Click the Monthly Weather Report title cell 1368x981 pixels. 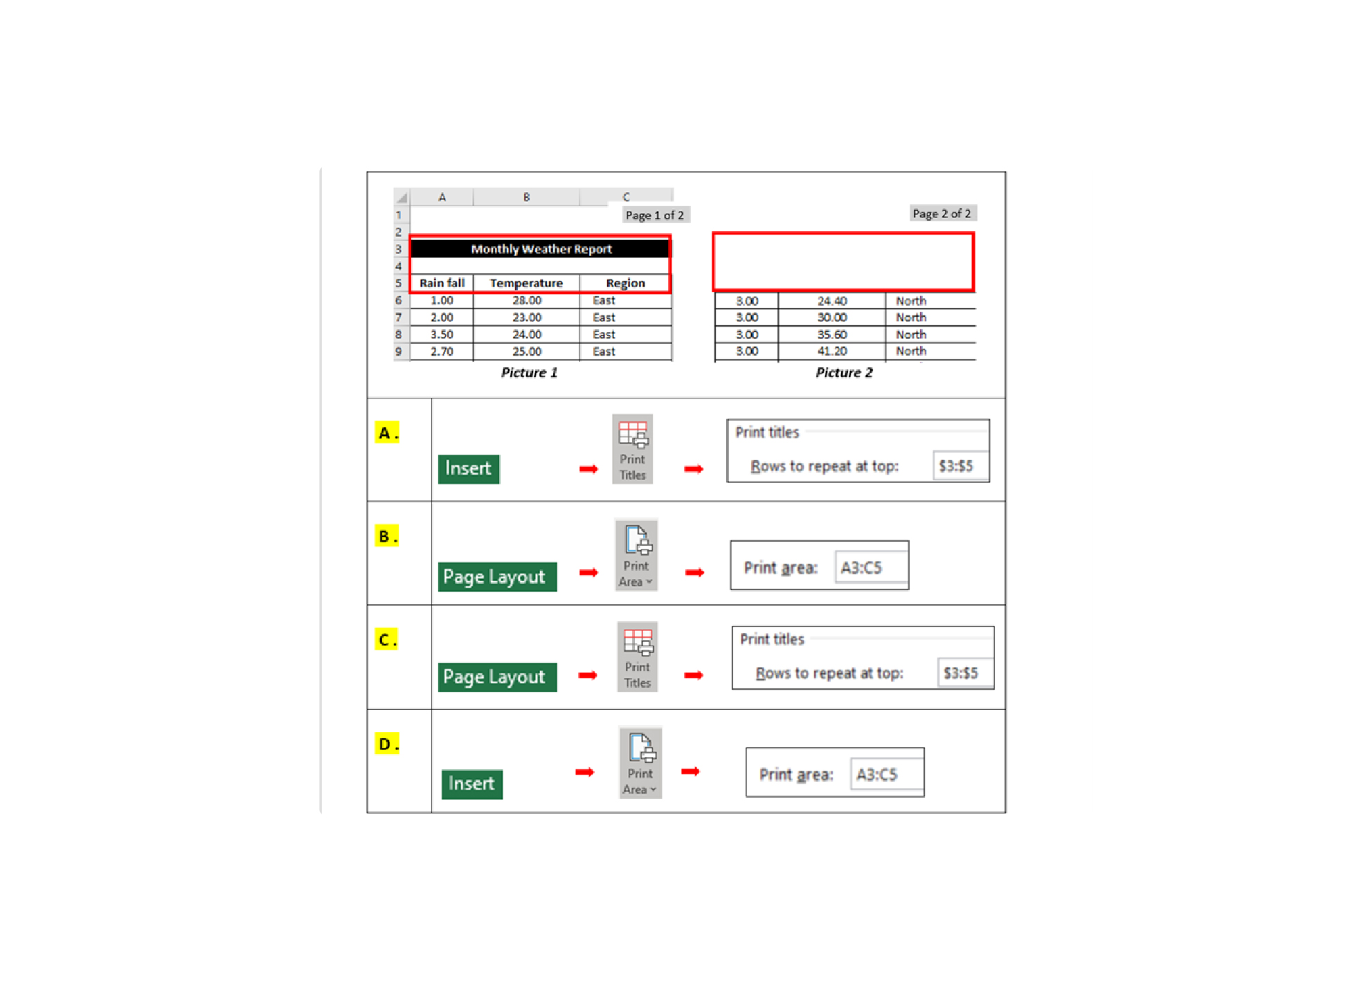pyautogui.click(x=541, y=249)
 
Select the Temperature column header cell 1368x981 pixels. pyautogui.click(x=526, y=283)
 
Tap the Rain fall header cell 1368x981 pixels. pyautogui.click(x=442, y=283)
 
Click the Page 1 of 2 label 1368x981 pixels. pyautogui.click(x=655, y=215)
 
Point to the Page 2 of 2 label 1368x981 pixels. pyautogui.click(x=942, y=214)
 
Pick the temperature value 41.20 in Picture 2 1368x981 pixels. pyautogui.click(x=831, y=351)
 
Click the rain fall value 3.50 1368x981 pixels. pyautogui.click(x=442, y=335)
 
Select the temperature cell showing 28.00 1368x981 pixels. pyautogui.click(x=527, y=300)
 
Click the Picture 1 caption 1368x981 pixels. pyautogui.click(x=529, y=373)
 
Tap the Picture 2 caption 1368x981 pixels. pyautogui.click(x=844, y=373)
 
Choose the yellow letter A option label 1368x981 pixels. pyautogui.click(x=387, y=432)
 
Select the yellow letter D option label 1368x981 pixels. pyautogui.click(x=387, y=744)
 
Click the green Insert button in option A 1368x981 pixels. pyautogui.click(x=469, y=468)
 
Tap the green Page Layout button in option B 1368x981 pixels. pyautogui.click(x=497, y=576)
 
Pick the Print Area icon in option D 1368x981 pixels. pyautogui.click(x=640, y=762)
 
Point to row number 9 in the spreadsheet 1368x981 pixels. pyautogui.click(x=399, y=351)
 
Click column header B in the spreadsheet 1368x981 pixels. pyautogui.click(x=527, y=197)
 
